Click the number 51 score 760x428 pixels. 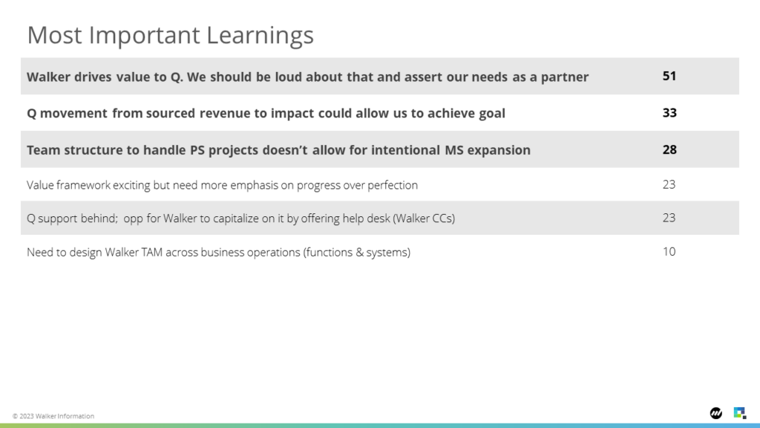pos(669,77)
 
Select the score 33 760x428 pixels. pos(669,113)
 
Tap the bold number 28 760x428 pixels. pos(669,150)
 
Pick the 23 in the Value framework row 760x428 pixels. pos(669,185)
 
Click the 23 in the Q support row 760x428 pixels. pos(669,218)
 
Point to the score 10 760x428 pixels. pos(669,252)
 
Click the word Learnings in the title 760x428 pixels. pos(261,36)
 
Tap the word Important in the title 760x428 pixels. pos(145,36)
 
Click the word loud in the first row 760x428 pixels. pos(289,77)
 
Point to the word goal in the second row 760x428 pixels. pos(492,114)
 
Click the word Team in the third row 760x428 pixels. pos(44,150)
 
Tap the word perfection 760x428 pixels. pos(393,185)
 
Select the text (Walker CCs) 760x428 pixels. pos(424,218)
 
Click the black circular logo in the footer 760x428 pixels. pos(716,413)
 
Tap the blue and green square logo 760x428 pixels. pos(740,413)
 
